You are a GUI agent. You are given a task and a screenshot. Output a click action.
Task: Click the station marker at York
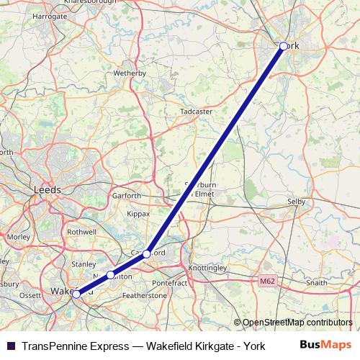pos(284,46)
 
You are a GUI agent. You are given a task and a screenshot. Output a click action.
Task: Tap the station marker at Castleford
pos(147,253)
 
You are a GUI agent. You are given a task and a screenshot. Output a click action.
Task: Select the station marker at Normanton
pos(110,274)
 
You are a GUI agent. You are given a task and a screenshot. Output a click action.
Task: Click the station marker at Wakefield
pos(76,294)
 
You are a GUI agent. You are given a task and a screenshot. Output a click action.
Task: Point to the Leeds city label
pos(48,189)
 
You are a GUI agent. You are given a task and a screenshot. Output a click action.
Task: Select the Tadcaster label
pos(196,112)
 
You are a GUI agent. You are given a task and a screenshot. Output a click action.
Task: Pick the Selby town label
pos(297,202)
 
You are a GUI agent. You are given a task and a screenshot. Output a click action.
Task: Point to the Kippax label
pos(138,214)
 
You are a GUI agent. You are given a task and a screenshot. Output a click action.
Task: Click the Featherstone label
pos(145,296)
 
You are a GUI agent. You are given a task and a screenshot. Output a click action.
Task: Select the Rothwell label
pos(81,232)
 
